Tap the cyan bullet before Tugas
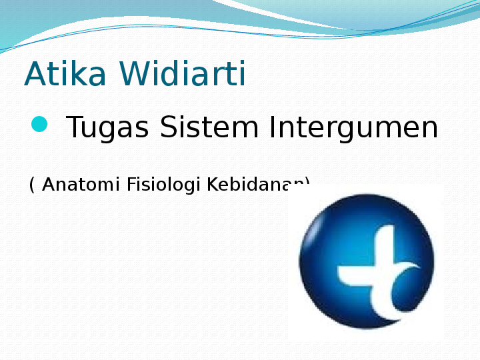[39, 124]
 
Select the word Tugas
[107, 128]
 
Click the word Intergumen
[353, 128]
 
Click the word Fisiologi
[163, 185]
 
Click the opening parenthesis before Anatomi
[31, 185]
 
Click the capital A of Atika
[34, 75]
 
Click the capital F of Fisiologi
[130, 185]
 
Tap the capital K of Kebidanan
[211, 185]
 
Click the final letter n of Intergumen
[427, 129]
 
